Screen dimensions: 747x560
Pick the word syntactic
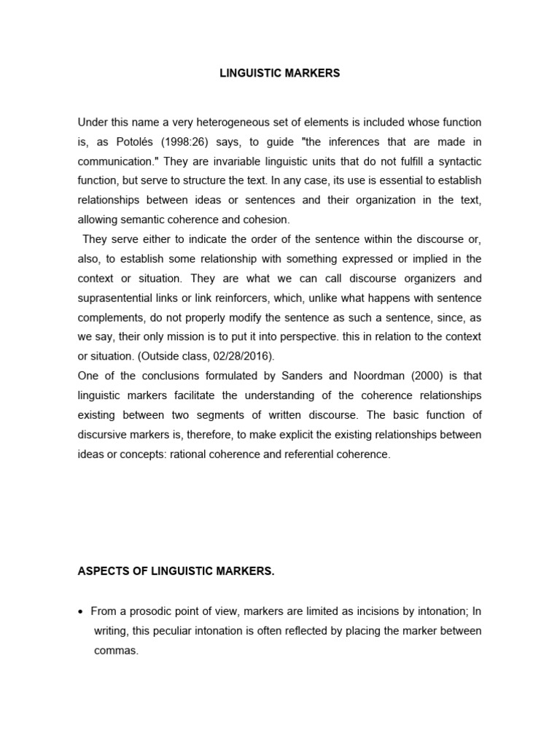pyautogui.click(x=459, y=160)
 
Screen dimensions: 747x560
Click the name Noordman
pyautogui.click(x=365, y=376)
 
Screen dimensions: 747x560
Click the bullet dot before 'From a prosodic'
pyautogui.click(x=81, y=611)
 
